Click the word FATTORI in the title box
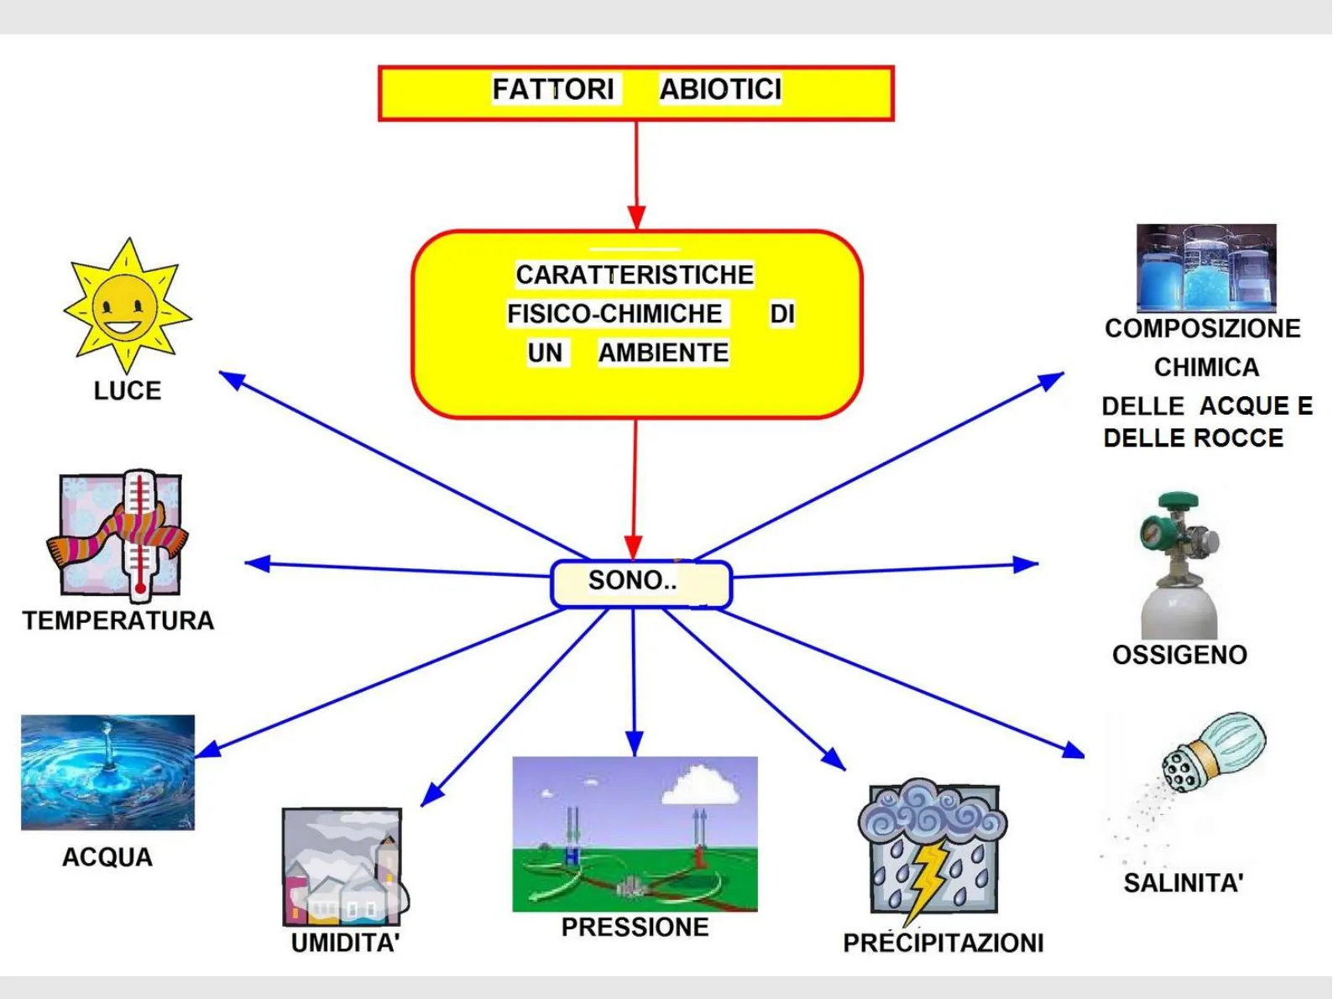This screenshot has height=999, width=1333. (553, 89)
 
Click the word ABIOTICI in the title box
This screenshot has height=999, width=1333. (720, 89)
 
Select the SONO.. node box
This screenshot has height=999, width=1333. (640, 583)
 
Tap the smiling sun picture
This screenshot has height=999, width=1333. (127, 306)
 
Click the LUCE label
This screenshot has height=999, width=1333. (128, 391)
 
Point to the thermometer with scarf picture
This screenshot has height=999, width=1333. (120, 534)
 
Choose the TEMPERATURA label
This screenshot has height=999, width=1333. (118, 621)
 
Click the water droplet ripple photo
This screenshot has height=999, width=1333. (107, 772)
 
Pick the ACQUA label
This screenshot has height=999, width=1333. (107, 857)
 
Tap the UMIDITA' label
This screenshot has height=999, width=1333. (345, 944)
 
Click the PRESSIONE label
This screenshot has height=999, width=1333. (635, 928)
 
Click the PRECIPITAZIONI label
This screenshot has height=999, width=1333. (943, 944)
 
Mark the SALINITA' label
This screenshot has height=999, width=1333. (1183, 883)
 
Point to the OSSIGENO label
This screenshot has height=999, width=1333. (1179, 655)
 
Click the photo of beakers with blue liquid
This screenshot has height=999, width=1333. (1206, 268)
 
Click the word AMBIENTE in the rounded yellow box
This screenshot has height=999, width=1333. (663, 353)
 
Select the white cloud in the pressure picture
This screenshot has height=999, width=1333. (702, 785)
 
